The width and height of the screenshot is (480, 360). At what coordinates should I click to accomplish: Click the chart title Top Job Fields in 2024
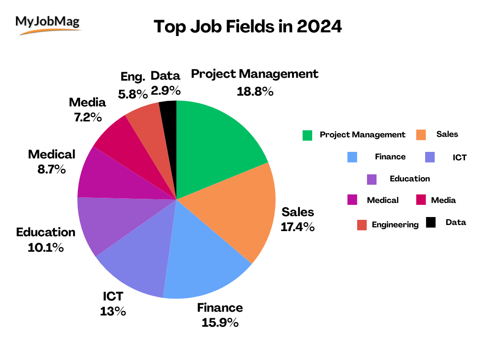(247, 27)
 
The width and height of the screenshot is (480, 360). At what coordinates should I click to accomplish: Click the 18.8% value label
(255, 91)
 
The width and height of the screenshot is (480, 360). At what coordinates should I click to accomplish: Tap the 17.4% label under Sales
(297, 227)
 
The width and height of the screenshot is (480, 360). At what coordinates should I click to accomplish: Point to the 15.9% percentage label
(220, 322)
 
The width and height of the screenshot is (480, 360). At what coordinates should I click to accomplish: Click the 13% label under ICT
(112, 311)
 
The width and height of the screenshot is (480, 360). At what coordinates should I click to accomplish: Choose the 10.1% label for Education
(45, 247)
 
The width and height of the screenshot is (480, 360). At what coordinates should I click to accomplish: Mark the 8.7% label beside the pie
(52, 169)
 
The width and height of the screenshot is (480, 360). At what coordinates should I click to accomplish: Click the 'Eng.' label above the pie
(133, 76)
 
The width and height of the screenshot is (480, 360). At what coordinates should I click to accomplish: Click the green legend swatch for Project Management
(307, 135)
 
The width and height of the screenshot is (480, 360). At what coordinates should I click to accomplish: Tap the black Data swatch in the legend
(431, 223)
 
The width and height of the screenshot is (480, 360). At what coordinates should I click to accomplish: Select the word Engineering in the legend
(395, 225)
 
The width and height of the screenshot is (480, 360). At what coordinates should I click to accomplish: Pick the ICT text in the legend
(459, 157)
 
